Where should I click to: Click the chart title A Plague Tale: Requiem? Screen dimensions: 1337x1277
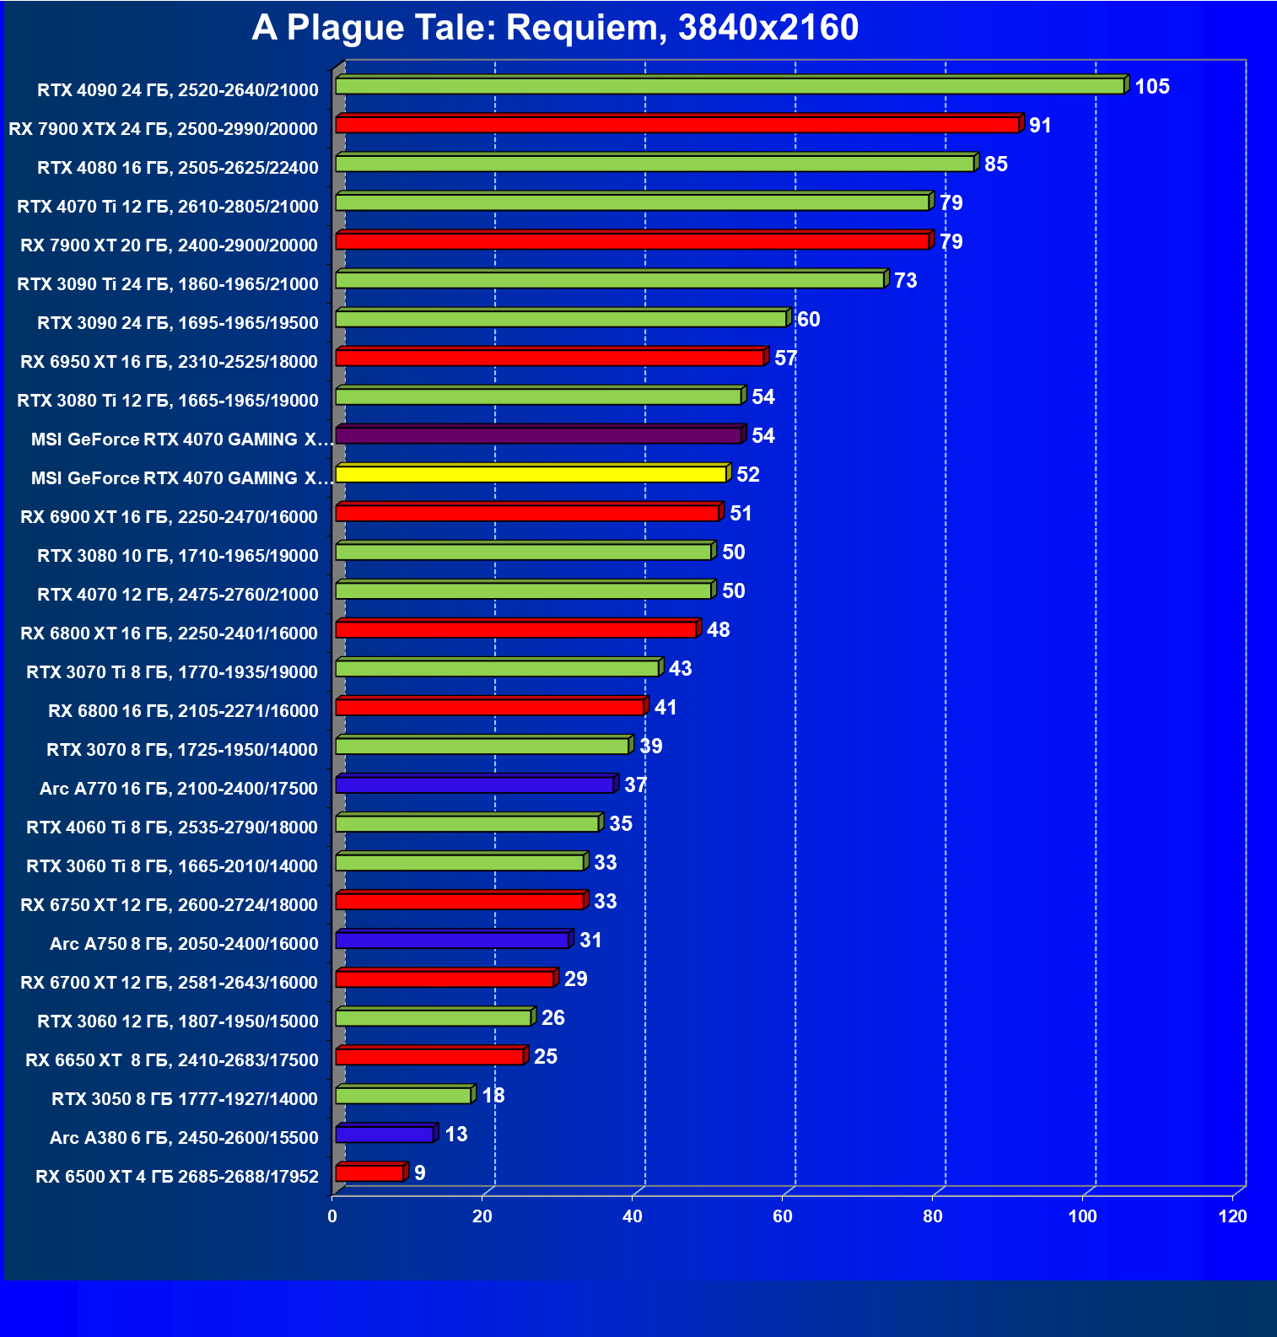[x=555, y=28]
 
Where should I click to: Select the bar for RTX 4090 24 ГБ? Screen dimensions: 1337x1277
[x=730, y=86]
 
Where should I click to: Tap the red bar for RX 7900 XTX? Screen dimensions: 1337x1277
[x=677, y=125]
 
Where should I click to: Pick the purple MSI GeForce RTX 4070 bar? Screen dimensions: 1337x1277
[x=538, y=435]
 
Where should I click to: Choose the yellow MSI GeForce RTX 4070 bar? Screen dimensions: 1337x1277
[x=531, y=474]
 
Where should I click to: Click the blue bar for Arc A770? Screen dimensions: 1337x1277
[x=474, y=784]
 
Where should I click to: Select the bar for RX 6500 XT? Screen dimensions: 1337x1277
[x=369, y=1173]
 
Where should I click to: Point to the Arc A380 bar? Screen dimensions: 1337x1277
[x=384, y=1134]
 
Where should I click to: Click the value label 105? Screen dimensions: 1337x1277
[x=1151, y=86]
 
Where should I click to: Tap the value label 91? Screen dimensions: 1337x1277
[x=1040, y=125]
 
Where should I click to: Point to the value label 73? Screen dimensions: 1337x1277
[x=905, y=280]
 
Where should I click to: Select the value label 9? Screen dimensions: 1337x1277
[x=419, y=1173]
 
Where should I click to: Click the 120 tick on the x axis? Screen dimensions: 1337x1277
[x=1232, y=1216]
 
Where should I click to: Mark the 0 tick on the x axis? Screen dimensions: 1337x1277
[x=332, y=1216]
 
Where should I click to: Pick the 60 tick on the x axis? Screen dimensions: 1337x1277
[x=782, y=1216]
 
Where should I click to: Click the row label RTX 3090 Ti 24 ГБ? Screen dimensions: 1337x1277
[x=168, y=283]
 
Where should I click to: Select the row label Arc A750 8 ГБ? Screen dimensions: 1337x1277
[x=184, y=943]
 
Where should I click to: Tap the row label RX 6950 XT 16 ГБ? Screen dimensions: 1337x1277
[x=169, y=361]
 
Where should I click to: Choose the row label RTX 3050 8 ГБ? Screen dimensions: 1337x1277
[x=185, y=1098]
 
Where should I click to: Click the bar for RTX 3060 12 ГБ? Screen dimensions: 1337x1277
[x=434, y=1017]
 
